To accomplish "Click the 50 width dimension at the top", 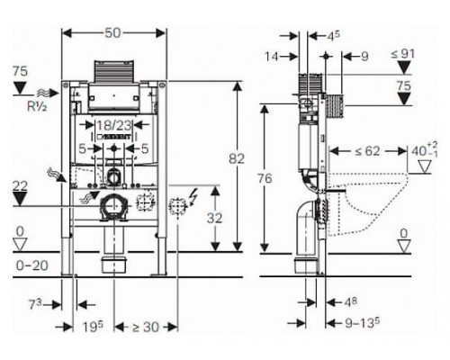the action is [112, 32].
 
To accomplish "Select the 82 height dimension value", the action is [237, 158].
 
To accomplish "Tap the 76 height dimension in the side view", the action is [265, 178].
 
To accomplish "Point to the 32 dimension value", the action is [214, 218].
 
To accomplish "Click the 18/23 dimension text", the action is [113, 126].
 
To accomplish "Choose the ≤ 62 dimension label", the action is [367, 151].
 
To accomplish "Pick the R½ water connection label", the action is [37, 106].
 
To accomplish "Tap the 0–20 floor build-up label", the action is [31, 265].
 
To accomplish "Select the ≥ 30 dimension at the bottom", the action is [145, 327].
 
